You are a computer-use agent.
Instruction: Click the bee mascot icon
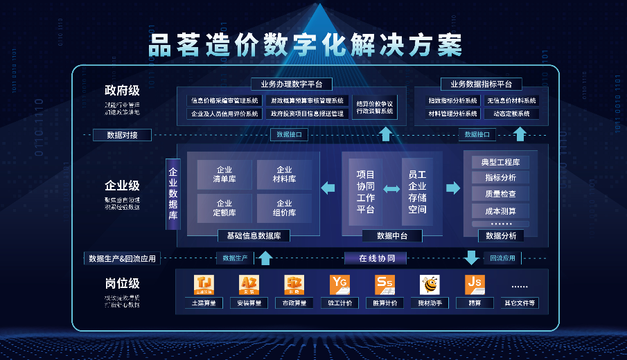[x=430, y=285]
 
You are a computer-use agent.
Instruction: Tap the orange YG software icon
[x=339, y=285]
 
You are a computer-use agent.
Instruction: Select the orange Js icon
[x=475, y=285]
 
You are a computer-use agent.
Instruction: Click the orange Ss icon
[x=385, y=285]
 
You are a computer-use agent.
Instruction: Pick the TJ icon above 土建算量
[x=204, y=285]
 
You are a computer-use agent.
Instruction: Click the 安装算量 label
[x=249, y=303]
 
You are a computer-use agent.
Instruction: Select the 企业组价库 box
[x=284, y=208]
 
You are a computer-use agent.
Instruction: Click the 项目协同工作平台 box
[x=365, y=192]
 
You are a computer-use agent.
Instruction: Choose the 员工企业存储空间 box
[x=417, y=192]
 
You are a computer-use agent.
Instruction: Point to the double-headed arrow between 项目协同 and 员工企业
[x=391, y=189]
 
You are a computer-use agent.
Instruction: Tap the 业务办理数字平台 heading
[x=291, y=84]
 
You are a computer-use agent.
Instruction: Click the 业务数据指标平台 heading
[x=481, y=84]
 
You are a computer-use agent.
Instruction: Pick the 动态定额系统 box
[x=511, y=114]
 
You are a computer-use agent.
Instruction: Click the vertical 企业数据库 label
[x=173, y=194]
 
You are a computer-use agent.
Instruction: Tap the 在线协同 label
[x=377, y=258]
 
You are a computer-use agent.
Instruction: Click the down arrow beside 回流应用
[x=472, y=258]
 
